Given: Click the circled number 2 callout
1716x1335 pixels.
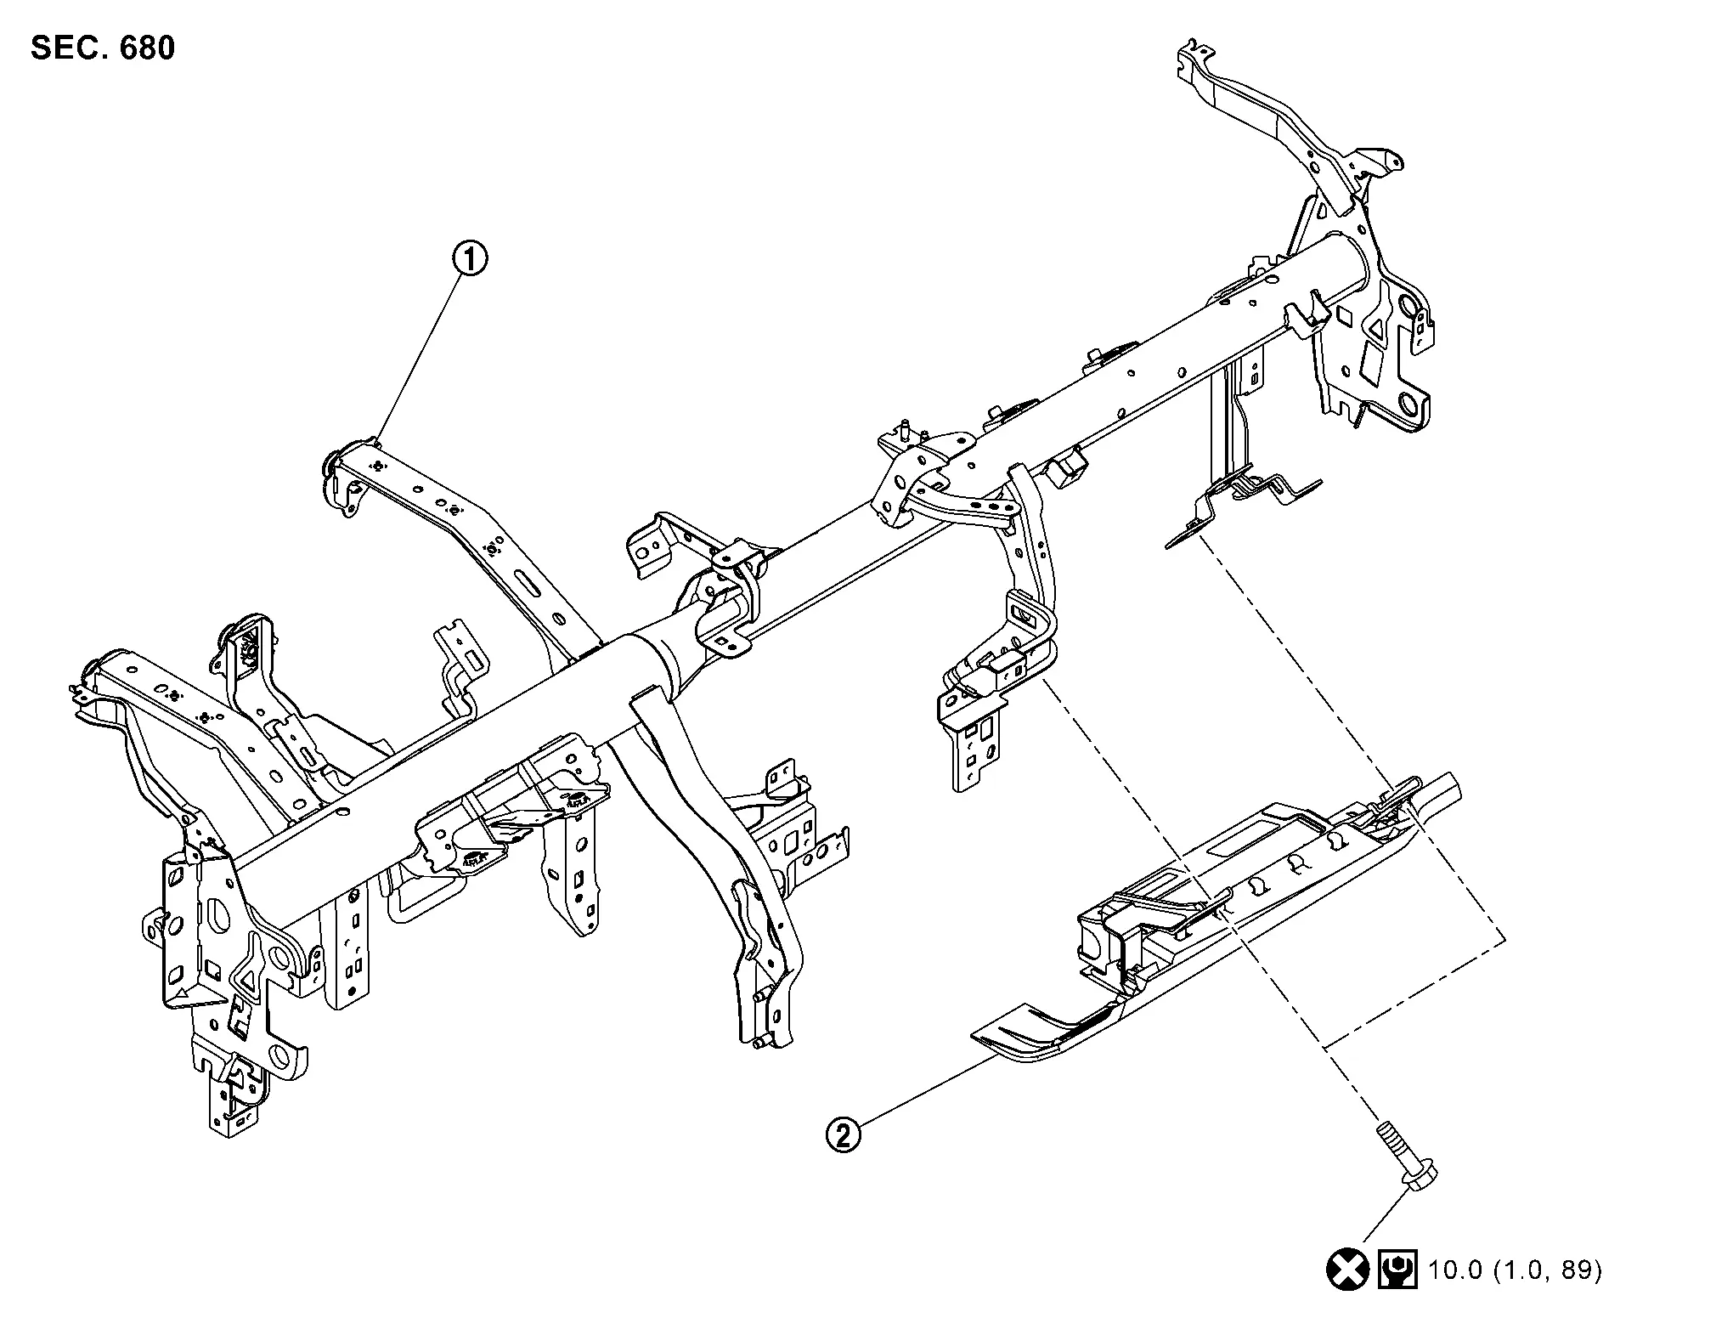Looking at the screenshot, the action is click(x=843, y=1134).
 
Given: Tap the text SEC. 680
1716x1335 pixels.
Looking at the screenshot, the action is click(x=103, y=48).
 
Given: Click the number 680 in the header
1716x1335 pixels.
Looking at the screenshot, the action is click(x=148, y=48).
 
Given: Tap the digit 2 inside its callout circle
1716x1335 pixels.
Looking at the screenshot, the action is click(x=843, y=1134).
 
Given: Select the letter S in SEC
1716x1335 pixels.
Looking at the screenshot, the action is click(x=42, y=48).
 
